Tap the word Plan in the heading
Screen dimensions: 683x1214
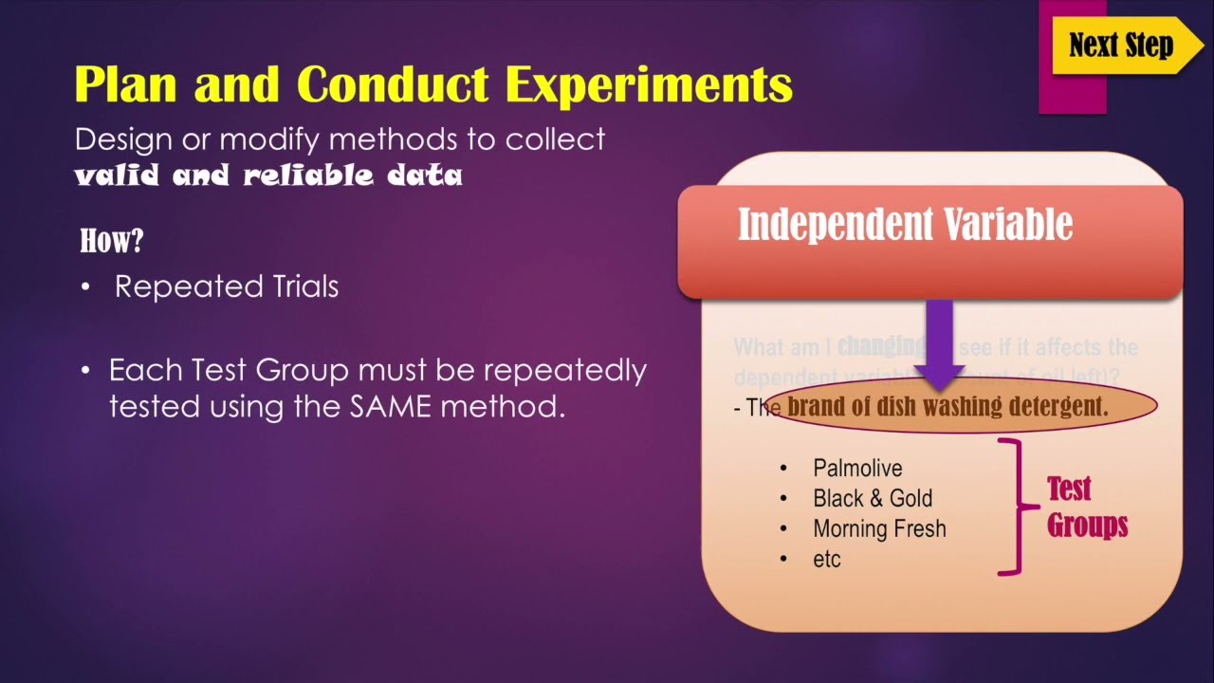click(x=127, y=84)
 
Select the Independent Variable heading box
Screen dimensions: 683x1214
click(x=929, y=239)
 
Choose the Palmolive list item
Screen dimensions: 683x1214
click(x=857, y=468)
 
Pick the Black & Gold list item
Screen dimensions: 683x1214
click(x=872, y=498)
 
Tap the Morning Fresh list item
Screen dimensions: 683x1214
click(x=879, y=528)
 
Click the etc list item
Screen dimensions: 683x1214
click(x=827, y=559)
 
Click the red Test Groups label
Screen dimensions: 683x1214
click(x=1086, y=507)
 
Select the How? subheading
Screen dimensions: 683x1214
click(x=111, y=241)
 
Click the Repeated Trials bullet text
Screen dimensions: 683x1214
click(x=226, y=286)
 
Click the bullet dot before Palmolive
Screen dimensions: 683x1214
click(x=783, y=469)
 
